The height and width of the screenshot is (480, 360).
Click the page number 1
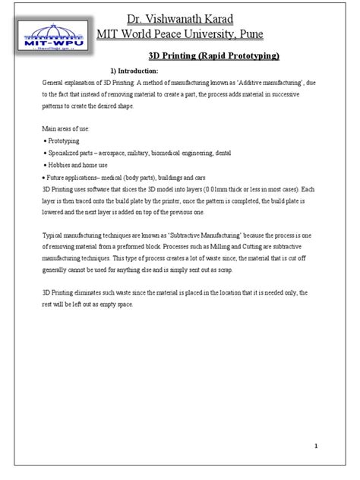335,447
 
